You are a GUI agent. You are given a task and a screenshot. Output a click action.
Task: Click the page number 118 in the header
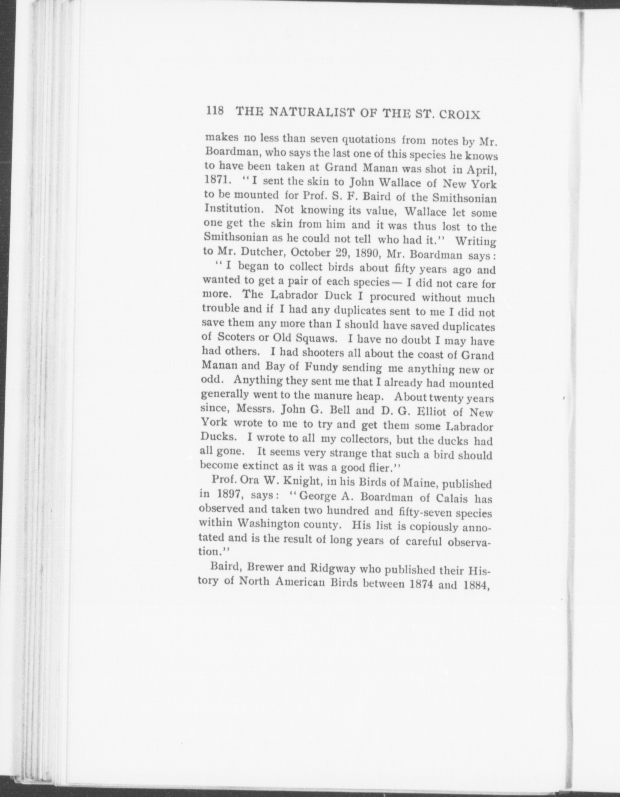point(215,111)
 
